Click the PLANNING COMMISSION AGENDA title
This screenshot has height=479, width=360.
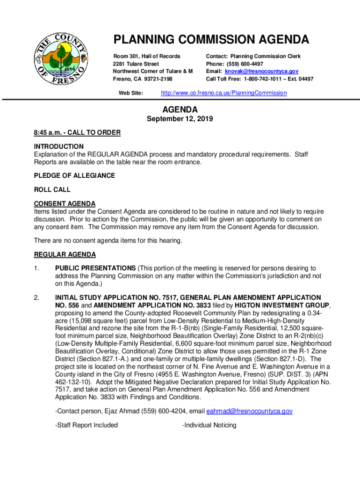pos(211,39)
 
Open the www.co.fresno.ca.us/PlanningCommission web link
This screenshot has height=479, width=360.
pos(223,93)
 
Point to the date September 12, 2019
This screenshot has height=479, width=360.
pos(180,119)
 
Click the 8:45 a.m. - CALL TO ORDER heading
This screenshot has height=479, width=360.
pos(77,133)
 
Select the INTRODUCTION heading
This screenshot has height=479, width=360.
pos(59,146)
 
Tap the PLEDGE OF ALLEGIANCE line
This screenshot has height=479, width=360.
pos(74,176)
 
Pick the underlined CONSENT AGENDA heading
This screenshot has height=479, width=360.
pos(65,204)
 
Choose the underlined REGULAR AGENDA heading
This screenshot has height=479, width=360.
pos(65,254)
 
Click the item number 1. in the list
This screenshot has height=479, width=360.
pos(37,269)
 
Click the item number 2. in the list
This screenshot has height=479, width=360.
pos(37,298)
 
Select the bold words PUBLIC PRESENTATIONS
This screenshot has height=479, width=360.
pos(95,269)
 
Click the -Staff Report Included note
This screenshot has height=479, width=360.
pos(86,425)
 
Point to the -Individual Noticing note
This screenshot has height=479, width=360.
pos(209,425)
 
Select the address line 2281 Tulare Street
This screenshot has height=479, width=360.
pos(136,64)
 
